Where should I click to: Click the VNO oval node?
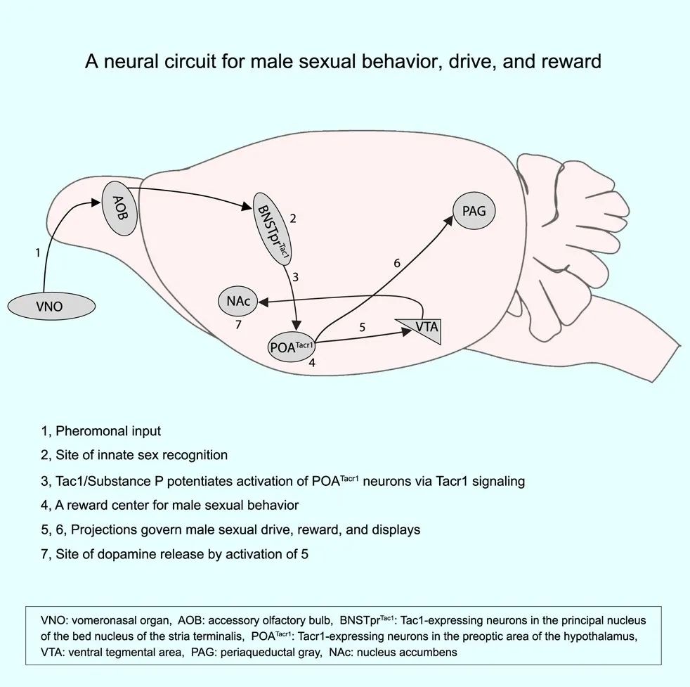point(51,306)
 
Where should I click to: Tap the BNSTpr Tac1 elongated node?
point(273,229)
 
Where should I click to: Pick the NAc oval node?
point(238,301)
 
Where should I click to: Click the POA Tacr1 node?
point(292,347)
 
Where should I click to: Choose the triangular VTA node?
point(423,328)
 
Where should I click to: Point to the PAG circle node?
point(474,211)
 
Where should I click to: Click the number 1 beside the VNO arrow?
point(38,252)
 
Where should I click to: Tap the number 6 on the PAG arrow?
point(397,263)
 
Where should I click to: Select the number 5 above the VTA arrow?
point(362,327)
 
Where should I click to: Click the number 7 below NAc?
point(238,325)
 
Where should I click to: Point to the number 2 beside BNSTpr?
point(293,219)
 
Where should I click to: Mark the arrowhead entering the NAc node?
point(263,302)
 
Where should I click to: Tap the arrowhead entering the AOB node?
point(96,202)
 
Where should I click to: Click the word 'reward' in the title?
point(571,61)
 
